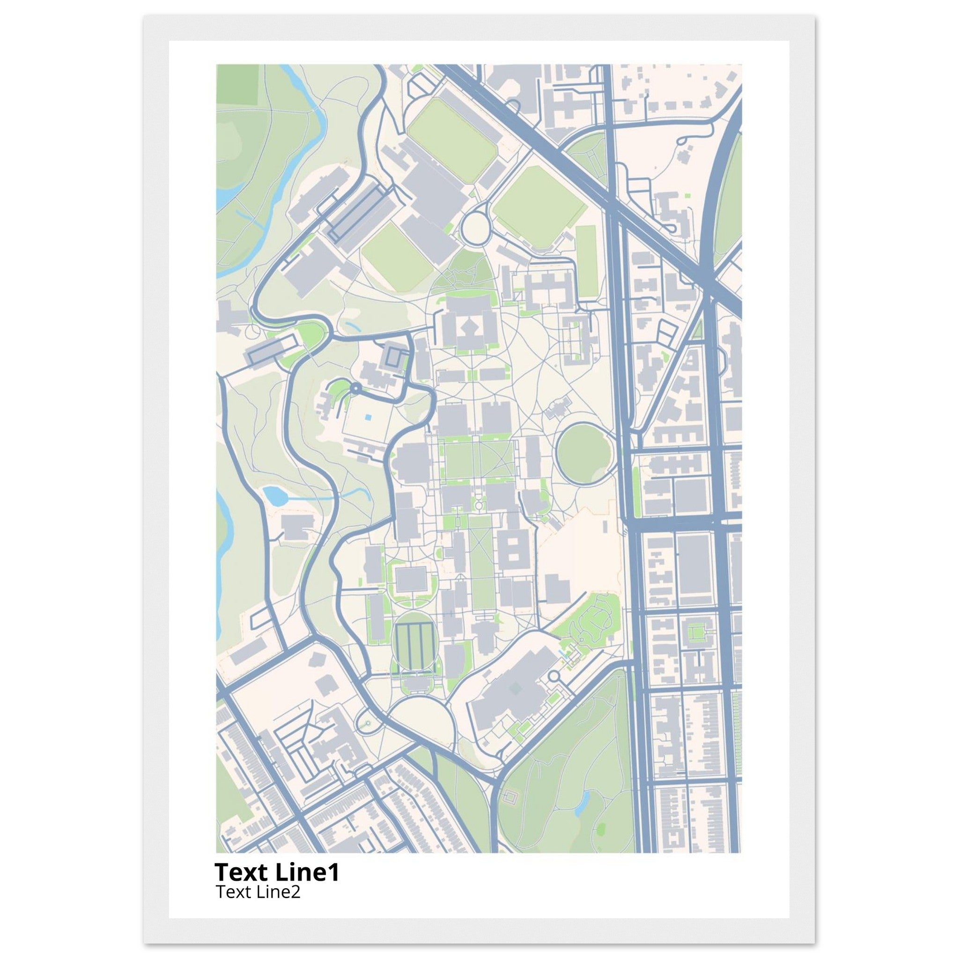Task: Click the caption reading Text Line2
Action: click(x=258, y=892)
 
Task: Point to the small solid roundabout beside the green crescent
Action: click(x=355, y=388)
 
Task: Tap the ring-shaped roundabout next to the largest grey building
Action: click(x=554, y=677)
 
